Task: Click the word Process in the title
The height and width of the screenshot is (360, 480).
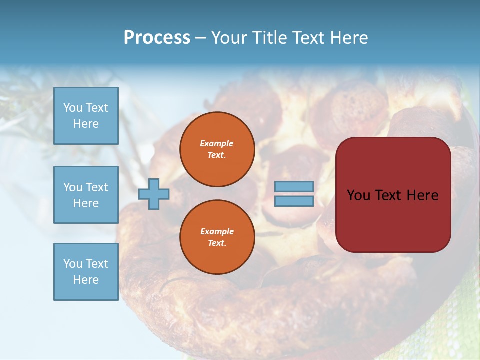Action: tap(157, 38)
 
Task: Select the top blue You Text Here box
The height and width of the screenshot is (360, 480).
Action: tap(86, 116)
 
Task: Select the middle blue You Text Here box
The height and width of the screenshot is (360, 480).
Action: tap(86, 195)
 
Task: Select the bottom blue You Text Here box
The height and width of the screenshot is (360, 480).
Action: tap(86, 272)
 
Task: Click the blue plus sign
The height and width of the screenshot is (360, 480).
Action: tap(154, 194)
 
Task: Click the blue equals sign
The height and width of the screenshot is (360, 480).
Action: tap(294, 194)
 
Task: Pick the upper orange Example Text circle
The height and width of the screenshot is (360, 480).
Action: tap(217, 149)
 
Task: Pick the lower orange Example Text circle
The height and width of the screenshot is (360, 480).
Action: tap(217, 237)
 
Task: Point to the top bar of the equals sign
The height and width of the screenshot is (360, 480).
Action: tap(294, 186)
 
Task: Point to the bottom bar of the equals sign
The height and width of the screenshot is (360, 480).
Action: tap(294, 201)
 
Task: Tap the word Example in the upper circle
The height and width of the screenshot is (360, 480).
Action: tap(217, 143)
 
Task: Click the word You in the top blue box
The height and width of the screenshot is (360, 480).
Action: tap(73, 108)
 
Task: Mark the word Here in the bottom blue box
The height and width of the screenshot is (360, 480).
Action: tap(86, 280)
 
